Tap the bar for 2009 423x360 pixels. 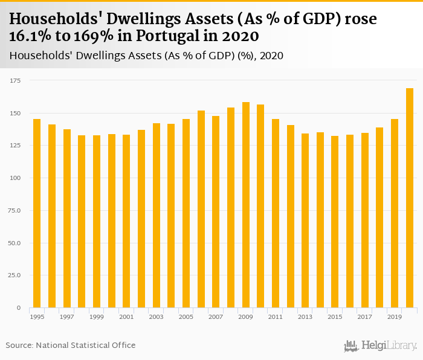coord(246,205)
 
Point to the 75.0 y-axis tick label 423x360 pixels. coord(14,210)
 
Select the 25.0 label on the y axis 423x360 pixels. coord(14,275)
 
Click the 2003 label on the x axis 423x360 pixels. coord(156,317)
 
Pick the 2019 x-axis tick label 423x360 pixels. coord(395,317)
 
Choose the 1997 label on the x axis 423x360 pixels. coord(66,317)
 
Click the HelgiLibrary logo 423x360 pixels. coord(380,346)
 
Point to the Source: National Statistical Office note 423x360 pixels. coord(71,346)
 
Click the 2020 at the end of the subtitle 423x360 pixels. coord(270,56)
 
